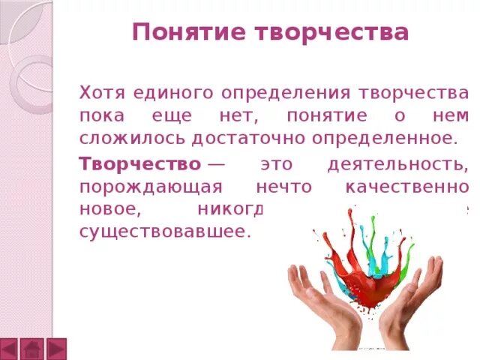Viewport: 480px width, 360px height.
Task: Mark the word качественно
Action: click(x=409, y=187)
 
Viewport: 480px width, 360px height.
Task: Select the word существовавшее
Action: click(x=163, y=232)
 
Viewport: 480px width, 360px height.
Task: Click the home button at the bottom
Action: click(x=32, y=349)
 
